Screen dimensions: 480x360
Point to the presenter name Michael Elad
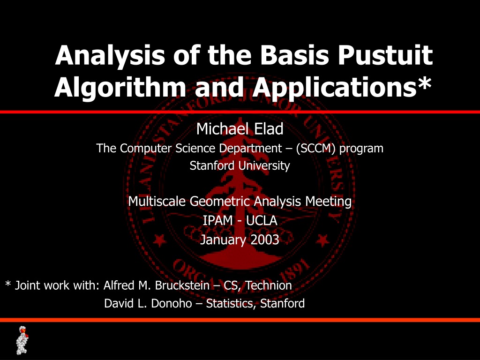(240, 129)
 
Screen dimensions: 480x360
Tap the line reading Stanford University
(240, 165)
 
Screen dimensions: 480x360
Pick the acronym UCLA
(262, 220)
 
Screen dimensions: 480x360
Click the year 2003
(265, 240)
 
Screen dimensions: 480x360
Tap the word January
(223, 240)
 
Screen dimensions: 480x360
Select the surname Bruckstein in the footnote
(182, 285)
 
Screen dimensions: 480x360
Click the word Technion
(269, 285)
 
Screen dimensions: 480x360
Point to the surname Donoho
(172, 303)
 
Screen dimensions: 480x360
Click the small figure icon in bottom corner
(22, 340)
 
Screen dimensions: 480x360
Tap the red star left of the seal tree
(160, 240)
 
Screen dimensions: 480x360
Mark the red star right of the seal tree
(322, 240)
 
